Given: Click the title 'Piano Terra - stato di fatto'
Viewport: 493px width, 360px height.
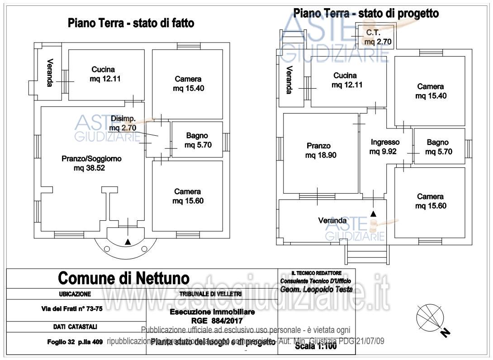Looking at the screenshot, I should tap(131, 23).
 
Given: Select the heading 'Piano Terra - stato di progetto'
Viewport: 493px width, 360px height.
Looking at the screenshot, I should tap(366, 13).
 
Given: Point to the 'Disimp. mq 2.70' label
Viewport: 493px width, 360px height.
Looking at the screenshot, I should tap(123, 123).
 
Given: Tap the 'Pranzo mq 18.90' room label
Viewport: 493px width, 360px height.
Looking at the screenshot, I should tap(318, 151).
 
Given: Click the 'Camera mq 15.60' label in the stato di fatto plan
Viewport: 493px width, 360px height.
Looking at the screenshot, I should tap(188, 196).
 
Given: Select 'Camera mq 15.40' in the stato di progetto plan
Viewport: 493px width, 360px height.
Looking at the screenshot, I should tap(430, 91).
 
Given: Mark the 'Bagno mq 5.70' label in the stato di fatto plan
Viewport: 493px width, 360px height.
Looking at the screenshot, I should tap(198, 140).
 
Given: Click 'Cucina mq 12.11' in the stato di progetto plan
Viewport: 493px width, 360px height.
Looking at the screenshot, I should tap(345, 81).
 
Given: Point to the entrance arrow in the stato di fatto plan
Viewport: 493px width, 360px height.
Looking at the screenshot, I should tap(128, 242).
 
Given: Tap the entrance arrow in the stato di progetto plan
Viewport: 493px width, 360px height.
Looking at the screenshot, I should tap(373, 213).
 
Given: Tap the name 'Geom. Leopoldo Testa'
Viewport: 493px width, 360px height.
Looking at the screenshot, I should tap(316, 289).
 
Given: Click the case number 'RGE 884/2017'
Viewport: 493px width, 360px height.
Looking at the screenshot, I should tap(212, 321).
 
